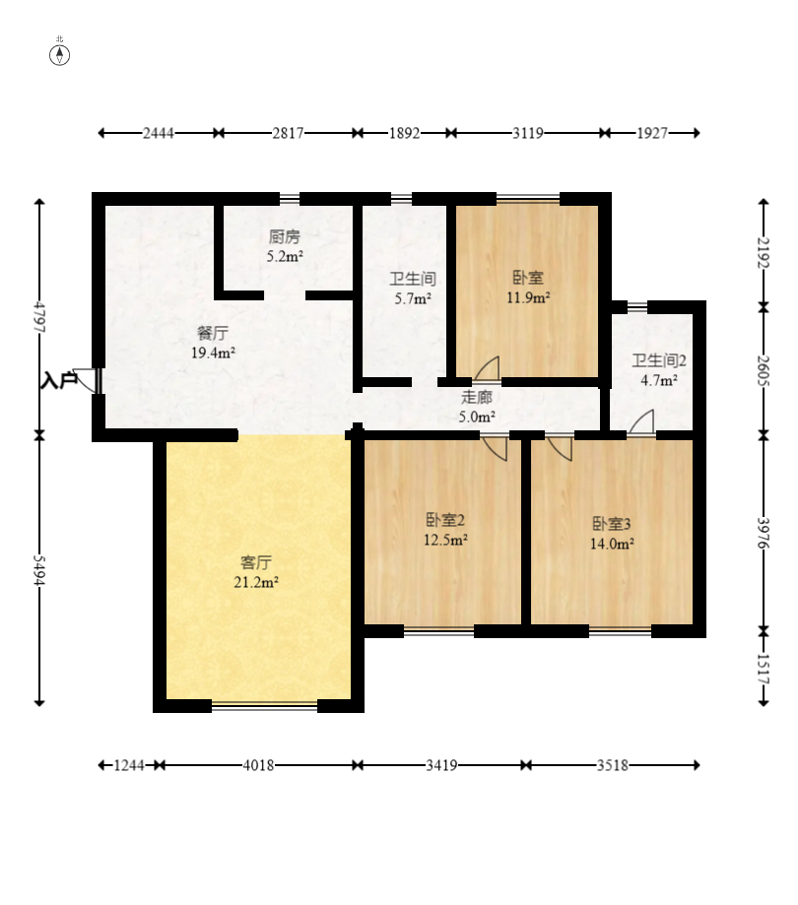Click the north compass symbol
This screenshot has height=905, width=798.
[x=59, y=55]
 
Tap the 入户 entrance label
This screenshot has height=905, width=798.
[x=59, y=380]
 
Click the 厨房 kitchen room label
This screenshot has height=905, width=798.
[x=285, y=236]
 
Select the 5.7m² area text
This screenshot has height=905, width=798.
[x=413, y=299]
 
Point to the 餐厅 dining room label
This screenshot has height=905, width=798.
[x=213, y=333]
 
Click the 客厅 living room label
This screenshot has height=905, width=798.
[x=256, y=562]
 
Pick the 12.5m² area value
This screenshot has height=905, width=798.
[x=445, y=541]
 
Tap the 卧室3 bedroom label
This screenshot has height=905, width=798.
[x=612, y=524]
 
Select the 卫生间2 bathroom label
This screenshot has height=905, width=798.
[x=659, y=360]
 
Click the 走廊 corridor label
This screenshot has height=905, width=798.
[x=477, y=397]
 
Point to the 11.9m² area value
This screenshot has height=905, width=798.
[x=528, y=297]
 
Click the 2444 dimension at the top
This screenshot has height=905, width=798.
[x=159, y=133]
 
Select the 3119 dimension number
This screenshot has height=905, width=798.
[x=528, y=133]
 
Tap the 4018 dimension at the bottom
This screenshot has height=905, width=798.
[x=258, y=765]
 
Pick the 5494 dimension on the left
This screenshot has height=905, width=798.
[x=39, y=571]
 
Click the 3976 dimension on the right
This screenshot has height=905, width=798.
[x=764, y=534]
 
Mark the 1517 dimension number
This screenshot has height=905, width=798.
[x=764, y=669]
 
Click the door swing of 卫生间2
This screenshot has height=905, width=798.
[x=641, y=420]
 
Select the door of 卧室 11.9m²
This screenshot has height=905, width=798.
[x=488, y=368]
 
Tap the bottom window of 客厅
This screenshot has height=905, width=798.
[x=264, y=705]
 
